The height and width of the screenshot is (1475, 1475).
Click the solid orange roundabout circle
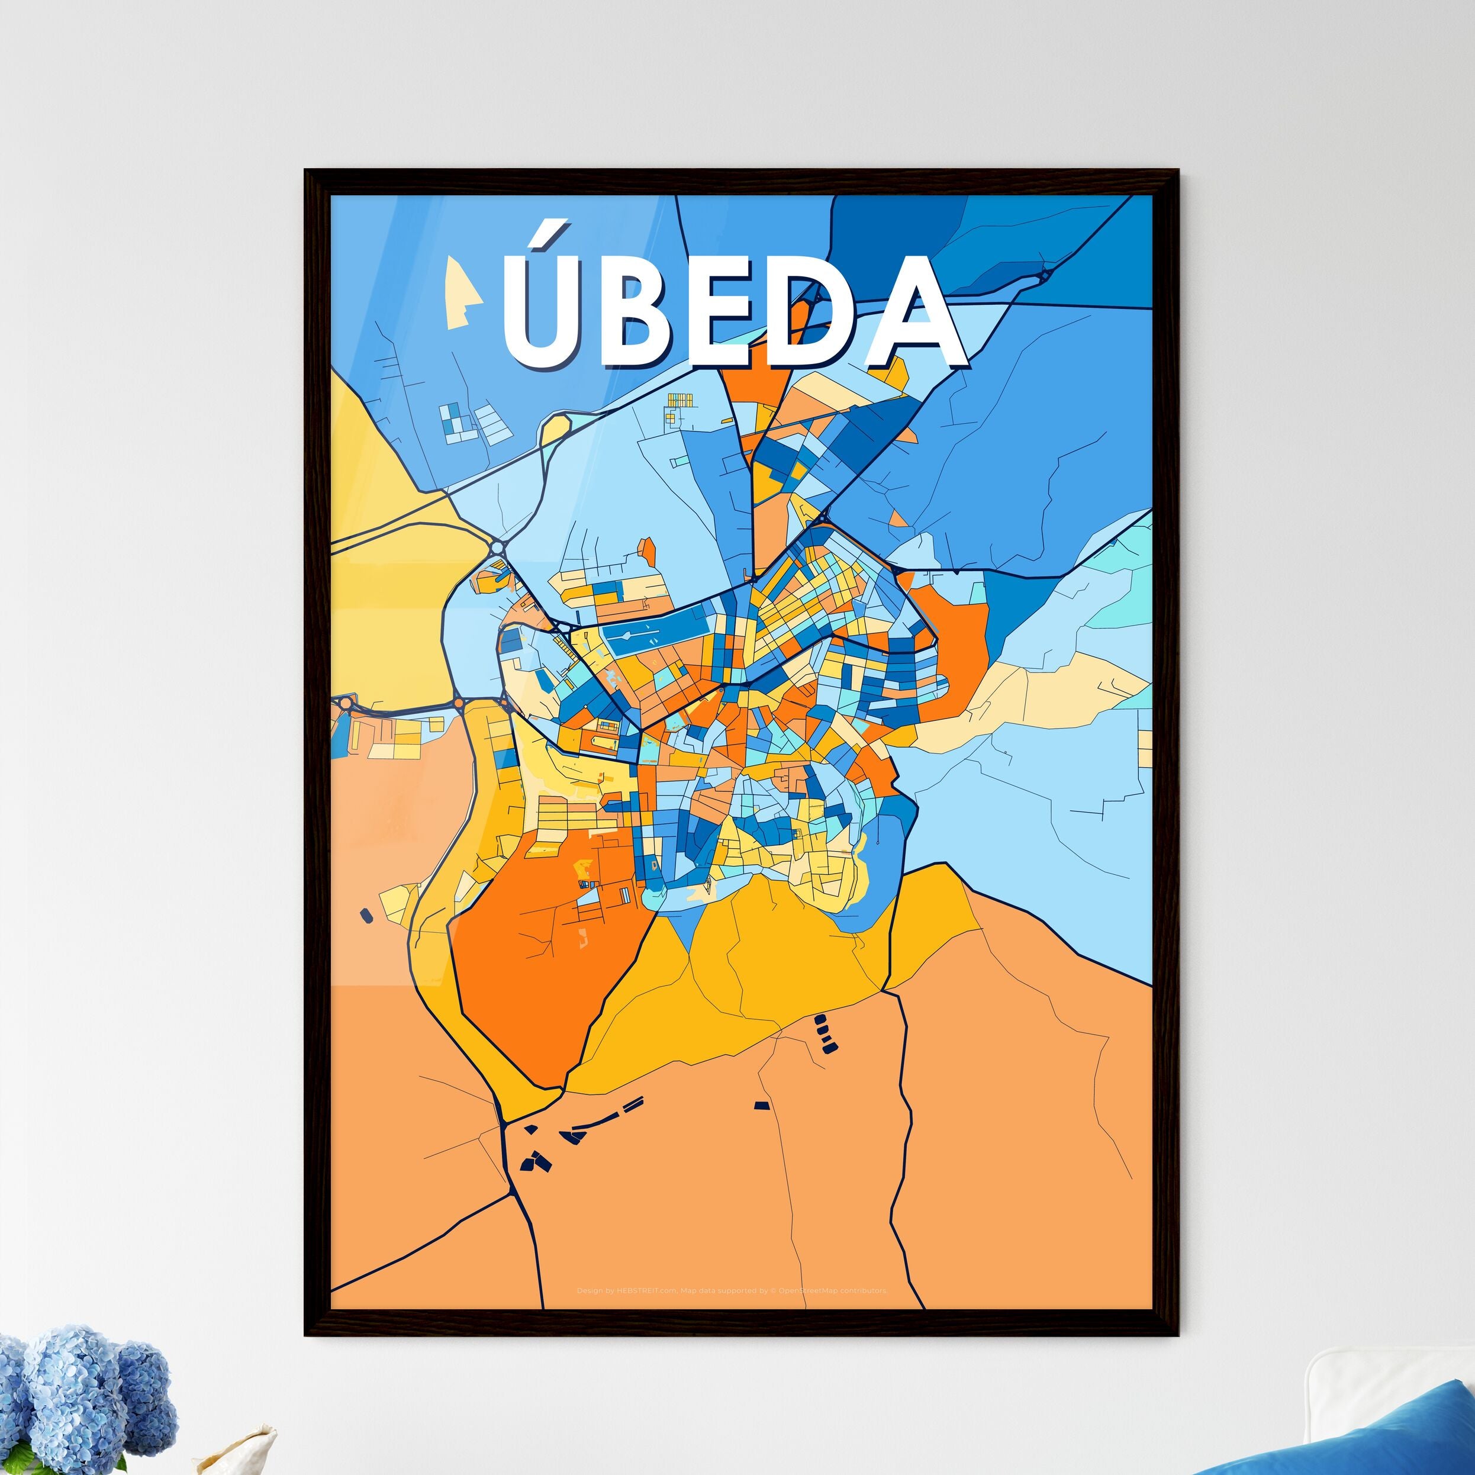tap(458, 703)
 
